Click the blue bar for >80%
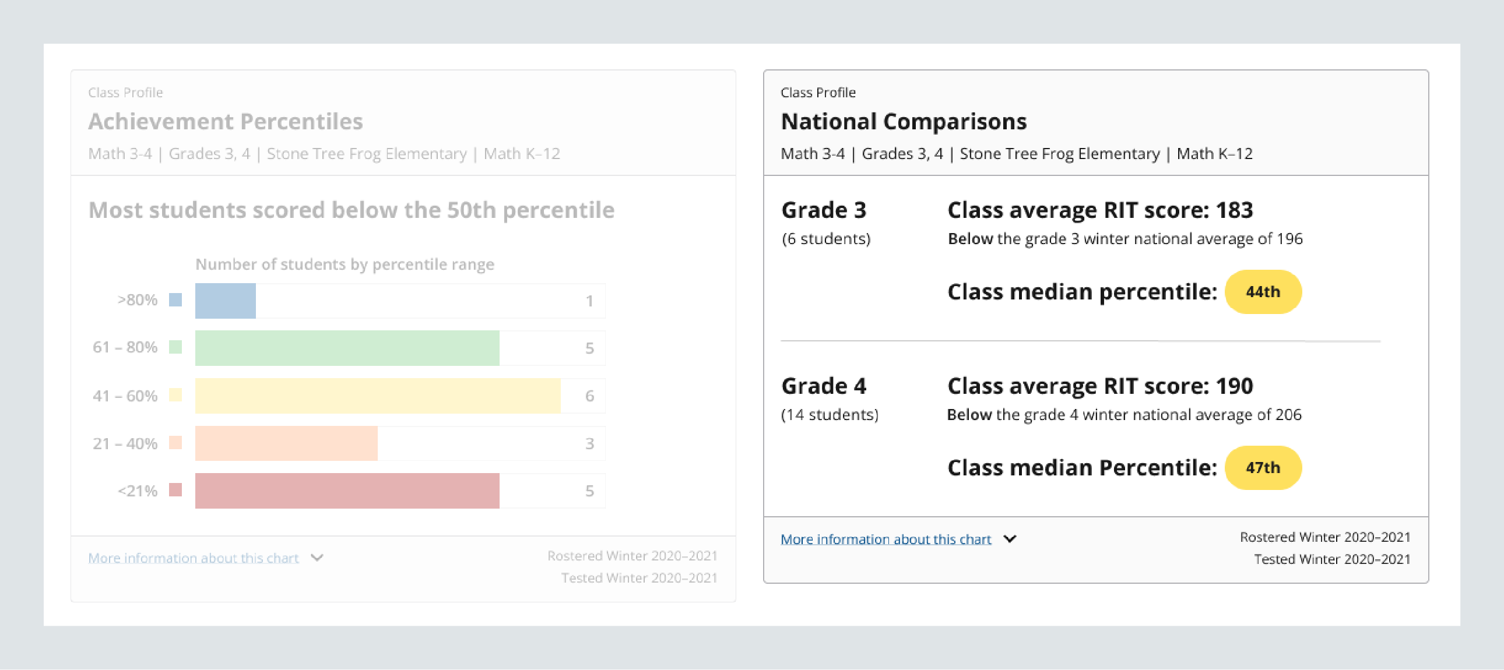226,301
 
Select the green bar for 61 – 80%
347,348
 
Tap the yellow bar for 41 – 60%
377,396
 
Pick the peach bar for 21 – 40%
286,443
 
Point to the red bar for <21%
347,491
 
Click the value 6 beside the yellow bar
589,396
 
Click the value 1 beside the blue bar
589,301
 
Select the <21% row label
137,491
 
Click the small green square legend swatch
175,347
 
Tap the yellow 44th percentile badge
1262,292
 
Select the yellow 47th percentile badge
1262,467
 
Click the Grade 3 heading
823,210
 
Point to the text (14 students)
829,415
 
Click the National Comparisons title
903,121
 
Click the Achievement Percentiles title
226,121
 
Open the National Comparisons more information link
885,539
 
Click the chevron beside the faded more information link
317,558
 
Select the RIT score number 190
1234,386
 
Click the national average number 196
1289,239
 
